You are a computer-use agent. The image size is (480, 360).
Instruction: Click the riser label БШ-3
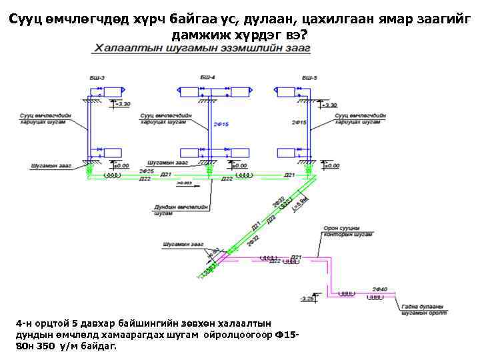point(97,79)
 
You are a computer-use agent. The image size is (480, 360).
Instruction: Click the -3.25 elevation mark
point(307,299)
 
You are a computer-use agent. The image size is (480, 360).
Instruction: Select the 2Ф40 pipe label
point(380,288)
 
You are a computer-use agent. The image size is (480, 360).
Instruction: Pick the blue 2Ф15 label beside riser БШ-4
point(221,125)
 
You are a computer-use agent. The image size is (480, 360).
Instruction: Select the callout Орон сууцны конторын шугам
point(347,231)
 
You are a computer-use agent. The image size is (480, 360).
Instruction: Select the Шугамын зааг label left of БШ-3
point(51,165)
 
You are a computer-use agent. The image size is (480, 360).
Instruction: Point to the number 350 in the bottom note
point(45,347)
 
